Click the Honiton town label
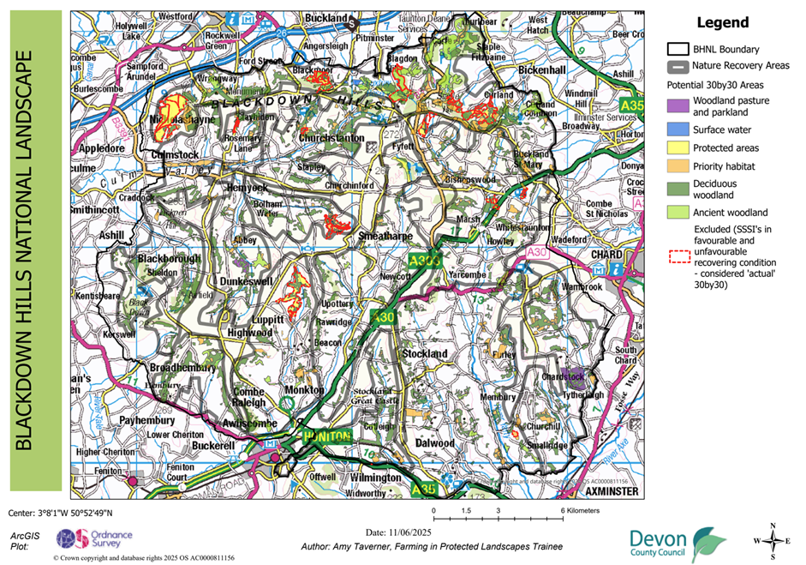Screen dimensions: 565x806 (x=326, y=436)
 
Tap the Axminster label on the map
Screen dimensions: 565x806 (x=612, y=493)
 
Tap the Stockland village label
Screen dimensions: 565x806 (x=425, y=353)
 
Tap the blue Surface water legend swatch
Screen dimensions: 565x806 (x=677, y=129)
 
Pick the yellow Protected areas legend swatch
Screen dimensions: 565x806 (x=677, y=148)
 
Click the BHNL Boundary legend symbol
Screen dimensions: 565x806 (x=677, y=50)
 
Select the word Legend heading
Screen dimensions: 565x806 (x=723, y=23)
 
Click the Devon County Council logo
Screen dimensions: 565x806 (x=678, y=543)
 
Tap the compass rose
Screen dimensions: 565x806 (x=773, y=540)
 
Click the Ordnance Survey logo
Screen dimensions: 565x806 (x=87, y=539)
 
